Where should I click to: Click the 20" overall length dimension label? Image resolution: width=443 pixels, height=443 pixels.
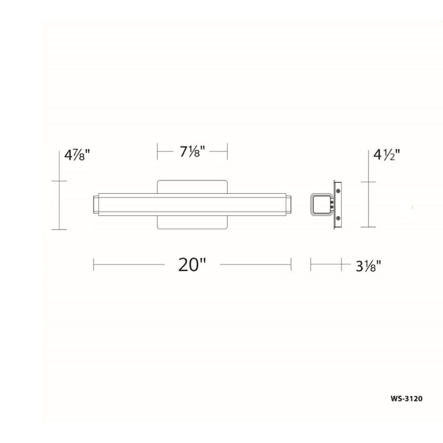coord(192,265)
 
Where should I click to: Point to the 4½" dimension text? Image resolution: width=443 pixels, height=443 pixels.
coord(385,154)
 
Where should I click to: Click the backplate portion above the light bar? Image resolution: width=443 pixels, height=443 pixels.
coord(192,187)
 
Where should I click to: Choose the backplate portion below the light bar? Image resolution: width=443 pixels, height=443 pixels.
coord(192,223)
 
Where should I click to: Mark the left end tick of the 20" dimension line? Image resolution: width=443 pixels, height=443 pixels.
coord(94,265)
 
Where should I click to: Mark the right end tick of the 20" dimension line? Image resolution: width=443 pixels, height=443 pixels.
coord(291,265)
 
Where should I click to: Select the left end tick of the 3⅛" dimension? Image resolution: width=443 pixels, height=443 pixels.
coord(311,265)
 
